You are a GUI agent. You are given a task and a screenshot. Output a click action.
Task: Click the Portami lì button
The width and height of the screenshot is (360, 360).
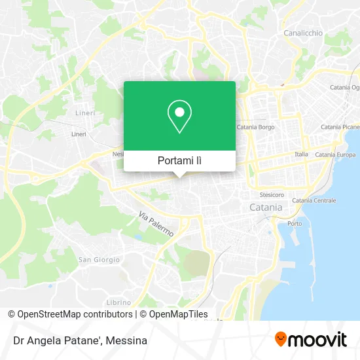tap(179, 160)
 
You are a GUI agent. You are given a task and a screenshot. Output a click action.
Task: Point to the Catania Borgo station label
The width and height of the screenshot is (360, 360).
tap(255, 127)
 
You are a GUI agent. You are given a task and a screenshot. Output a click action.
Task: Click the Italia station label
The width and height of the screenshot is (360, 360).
tap(301, 154)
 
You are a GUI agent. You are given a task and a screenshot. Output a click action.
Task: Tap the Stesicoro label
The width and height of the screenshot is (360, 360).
tap(272, 194)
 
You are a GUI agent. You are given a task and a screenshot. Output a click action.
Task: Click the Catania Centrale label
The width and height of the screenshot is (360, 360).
tap(314, 200)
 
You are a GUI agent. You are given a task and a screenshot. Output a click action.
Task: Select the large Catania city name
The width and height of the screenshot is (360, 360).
tap(266, 207)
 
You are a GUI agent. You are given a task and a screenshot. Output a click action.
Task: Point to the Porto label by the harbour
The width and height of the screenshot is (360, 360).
tap(295, 223)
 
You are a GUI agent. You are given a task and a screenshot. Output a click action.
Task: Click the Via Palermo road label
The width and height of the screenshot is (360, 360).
tap(156, 224)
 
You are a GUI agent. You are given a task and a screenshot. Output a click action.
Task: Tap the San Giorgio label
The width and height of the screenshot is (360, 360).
tap(99, 260)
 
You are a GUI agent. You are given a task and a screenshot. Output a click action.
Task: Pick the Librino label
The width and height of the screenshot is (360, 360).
tap(118, 302)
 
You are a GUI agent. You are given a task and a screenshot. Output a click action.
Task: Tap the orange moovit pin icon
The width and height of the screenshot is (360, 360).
tap(281, 339)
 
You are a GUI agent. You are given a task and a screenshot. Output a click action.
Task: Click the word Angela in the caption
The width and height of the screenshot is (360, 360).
tap(42, 340)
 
